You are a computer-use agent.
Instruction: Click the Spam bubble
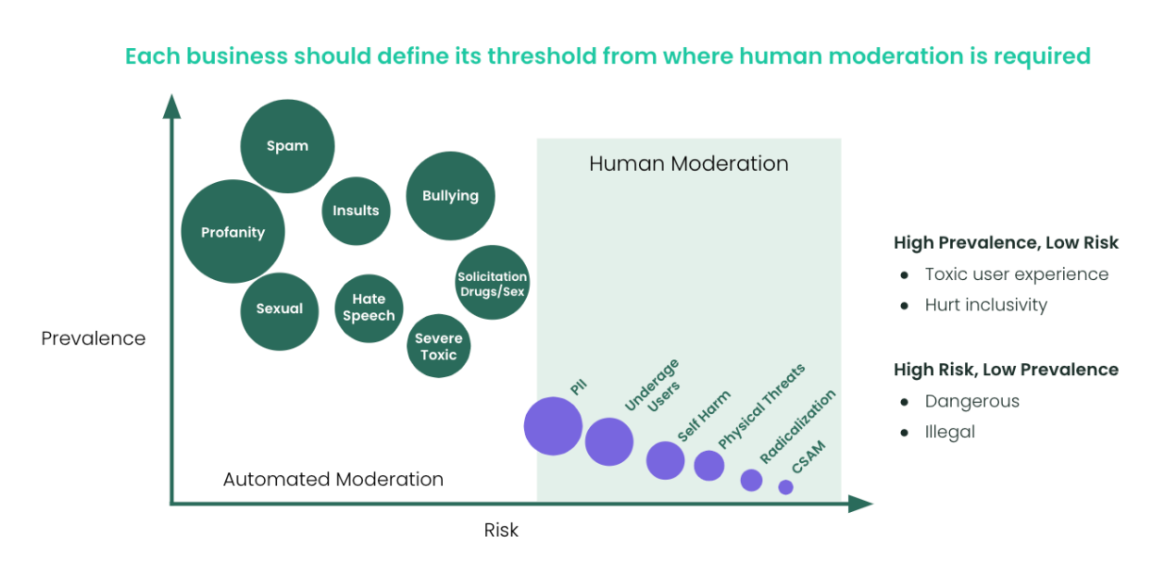tap(287, 146)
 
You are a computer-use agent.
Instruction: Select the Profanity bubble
tap(233, 232)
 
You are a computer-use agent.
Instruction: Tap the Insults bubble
tap(355, 210)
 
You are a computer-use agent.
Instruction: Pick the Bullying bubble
tap(450, 196)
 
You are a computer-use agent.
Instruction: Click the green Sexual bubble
tap(279, 309)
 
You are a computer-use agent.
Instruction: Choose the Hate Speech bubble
tap(369, 307)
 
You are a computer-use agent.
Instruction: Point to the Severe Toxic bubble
tap(438, 346)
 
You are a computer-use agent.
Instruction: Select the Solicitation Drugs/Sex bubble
tap(492, 283)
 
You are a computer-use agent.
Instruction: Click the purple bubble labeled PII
tap(553, 426)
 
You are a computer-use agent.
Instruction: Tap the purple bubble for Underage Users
tap(609, 441)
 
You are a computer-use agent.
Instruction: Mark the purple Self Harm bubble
tap(665, 460)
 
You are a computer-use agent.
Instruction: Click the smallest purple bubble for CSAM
tap(786, 488)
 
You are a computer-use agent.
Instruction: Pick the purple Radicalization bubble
tap(751, 480)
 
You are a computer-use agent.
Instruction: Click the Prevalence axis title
tap(93, 339)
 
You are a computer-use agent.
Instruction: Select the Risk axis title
tap(501, 530)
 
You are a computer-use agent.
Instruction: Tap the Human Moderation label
tap(688, 164)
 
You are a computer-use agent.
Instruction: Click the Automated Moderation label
tap(333, 479)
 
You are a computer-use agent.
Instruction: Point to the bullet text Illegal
tap(949, 432)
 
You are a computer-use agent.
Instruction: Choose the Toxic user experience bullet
tap(1016, 274)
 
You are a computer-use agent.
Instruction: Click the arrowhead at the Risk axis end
tap(860, 504)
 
